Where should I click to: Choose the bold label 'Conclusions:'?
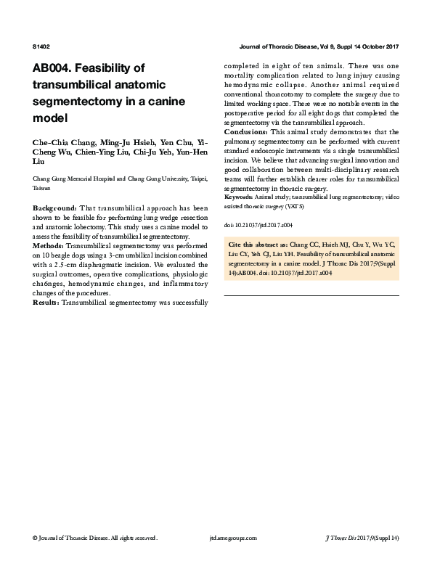click(245, 132)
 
